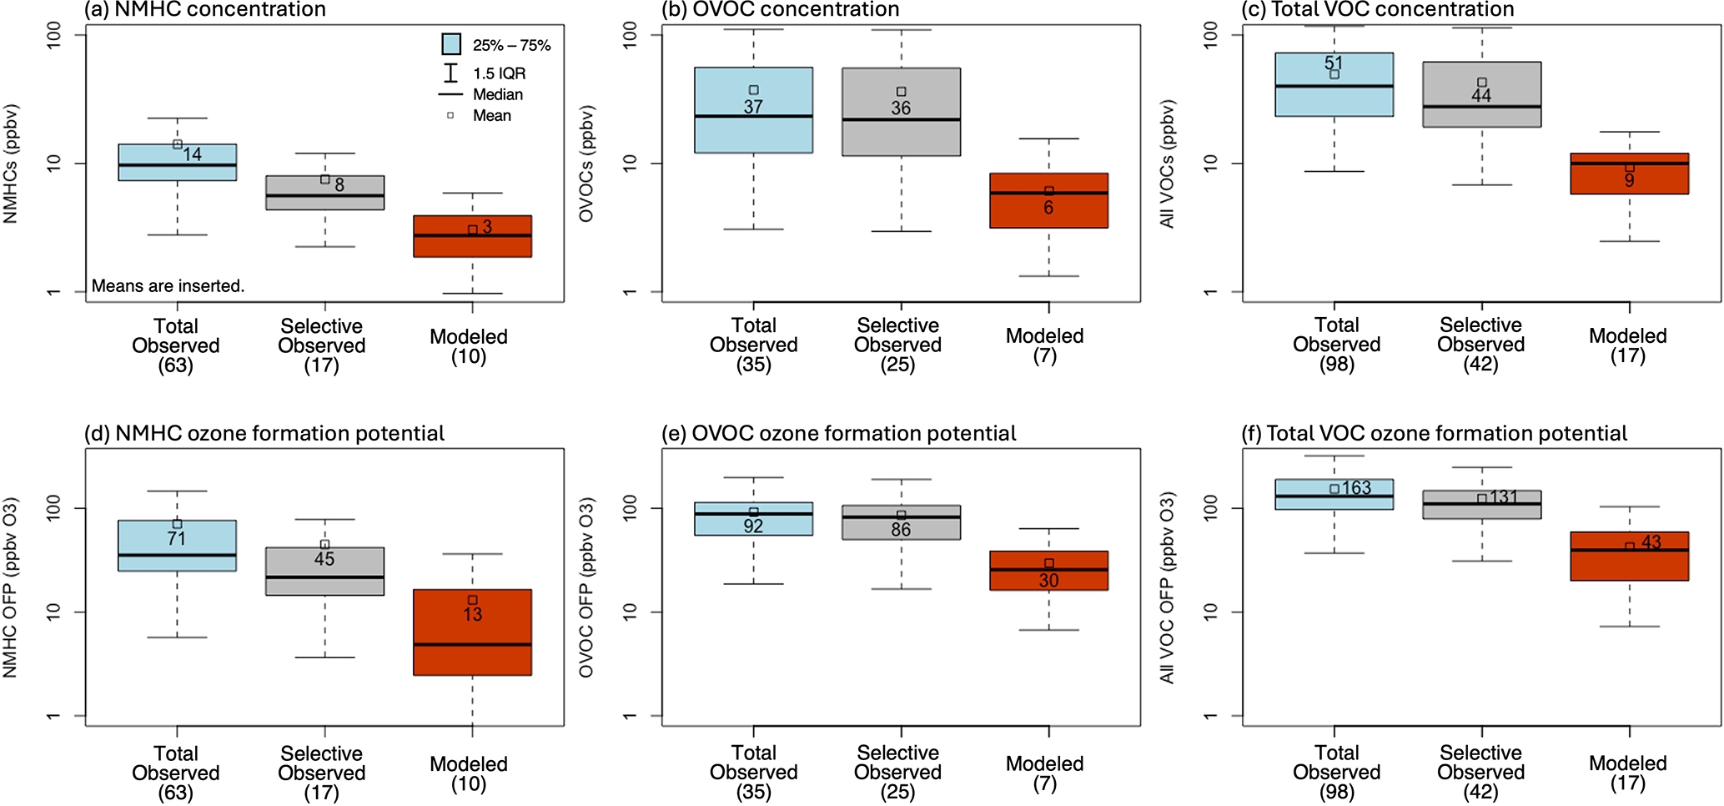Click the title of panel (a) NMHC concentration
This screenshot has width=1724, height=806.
[205, 10]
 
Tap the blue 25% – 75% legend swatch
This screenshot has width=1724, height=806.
[451, 44]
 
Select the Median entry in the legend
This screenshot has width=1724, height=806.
[497, 94]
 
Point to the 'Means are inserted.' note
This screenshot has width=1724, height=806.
[168, 285]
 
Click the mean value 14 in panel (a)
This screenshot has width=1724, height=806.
[193, 154]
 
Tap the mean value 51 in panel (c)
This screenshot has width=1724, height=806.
[1334, 63]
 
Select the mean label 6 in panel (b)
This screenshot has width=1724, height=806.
[1048, 208]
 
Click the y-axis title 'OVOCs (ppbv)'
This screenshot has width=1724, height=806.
[586, 164]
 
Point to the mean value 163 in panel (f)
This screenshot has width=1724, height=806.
[1356, 488]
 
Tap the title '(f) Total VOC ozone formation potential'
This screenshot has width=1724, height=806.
[1434, 434]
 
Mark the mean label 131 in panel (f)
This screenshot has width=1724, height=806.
[1503, 497]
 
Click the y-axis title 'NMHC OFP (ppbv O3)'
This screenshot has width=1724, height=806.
[10, 587]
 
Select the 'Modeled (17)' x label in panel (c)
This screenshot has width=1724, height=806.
[1627, 345]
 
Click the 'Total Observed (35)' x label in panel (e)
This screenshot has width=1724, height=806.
[753, 772]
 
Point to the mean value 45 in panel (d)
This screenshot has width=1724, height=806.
[324, 559]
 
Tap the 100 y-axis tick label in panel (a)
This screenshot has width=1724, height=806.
[53, 35]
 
